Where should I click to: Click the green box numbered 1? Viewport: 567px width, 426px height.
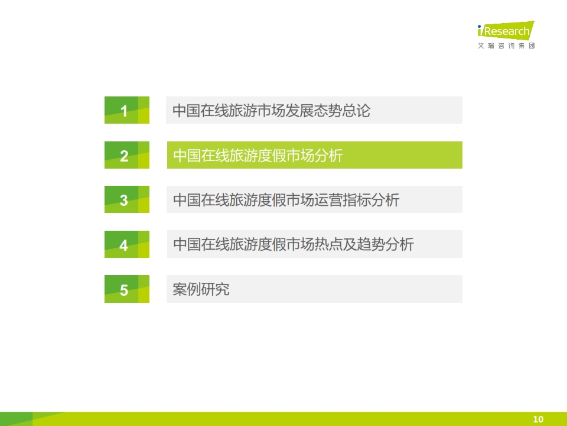[127, 110]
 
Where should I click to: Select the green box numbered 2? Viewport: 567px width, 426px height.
[127, 155]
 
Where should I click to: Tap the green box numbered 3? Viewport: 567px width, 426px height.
[127, 199]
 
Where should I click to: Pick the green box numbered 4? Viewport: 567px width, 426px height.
[127, 244]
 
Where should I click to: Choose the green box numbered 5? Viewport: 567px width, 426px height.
[127, 289]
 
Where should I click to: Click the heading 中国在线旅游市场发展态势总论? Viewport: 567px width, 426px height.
[272, 111]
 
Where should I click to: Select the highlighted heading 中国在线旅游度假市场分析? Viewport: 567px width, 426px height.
[258, 156]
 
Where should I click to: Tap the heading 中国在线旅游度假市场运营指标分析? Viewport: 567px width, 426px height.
[286, 200]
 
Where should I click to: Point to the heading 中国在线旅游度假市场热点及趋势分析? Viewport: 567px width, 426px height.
[294, 244]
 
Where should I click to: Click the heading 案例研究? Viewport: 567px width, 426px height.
[201, 289]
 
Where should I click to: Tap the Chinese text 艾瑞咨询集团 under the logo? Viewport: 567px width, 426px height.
[506, 46]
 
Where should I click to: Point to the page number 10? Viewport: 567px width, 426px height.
[538, 419]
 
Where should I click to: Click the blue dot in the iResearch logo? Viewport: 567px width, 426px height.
[480, 27]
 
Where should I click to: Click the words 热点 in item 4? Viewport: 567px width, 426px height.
[328, 244]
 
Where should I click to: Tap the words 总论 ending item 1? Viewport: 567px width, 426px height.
[357, 111]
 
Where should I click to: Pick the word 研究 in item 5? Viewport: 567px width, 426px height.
[215, 289]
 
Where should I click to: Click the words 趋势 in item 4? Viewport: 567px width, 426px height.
[371, 244]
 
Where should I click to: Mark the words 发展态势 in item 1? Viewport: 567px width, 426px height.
[314, 111]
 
